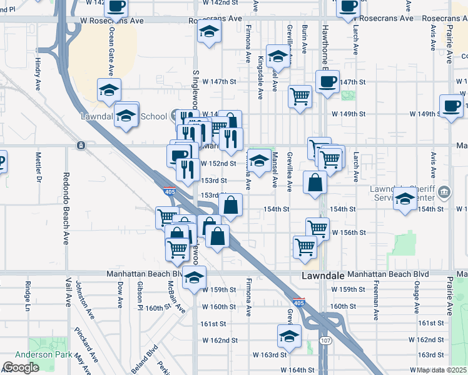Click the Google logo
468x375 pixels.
pos(21,367)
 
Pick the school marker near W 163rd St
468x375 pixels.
pos(288,337)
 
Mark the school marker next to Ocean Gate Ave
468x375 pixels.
pos(109,90)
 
